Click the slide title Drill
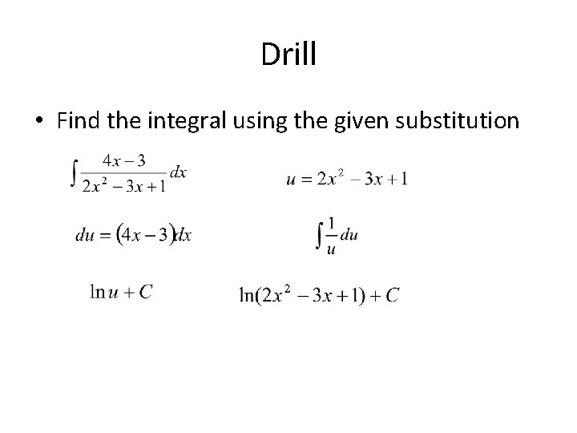(x=289, y=55)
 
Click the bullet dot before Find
(x=38, y=122)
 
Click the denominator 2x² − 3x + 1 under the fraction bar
(x=123, y=187)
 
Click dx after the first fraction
(x=177, y=172)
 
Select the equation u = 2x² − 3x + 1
(x=347, y=179)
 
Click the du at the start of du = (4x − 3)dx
(x=85, y=234)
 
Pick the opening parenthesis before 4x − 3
(x=120, y=234)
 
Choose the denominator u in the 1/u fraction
(x=332, y=249)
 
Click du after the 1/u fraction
(x=349, y=235)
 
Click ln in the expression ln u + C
(x=98, y=293)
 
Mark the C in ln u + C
(x=144, y=293)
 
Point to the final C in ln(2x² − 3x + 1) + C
(x=392, y=296)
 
